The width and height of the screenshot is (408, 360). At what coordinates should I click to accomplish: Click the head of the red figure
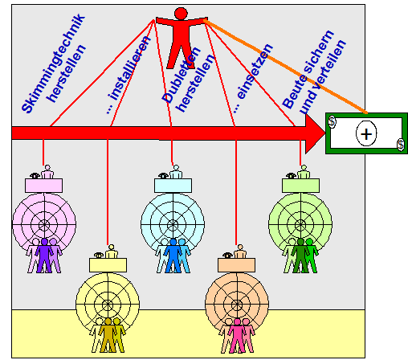click(181, 14)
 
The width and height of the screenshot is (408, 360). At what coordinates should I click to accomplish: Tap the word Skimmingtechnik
click(53, 63)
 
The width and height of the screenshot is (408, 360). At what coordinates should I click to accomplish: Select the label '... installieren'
click(128, 75)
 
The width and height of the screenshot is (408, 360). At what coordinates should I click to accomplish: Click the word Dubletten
click(181, 76)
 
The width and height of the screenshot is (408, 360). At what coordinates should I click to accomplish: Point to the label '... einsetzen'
click(253, 78)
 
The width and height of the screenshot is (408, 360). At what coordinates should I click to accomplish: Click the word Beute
click(294, 92)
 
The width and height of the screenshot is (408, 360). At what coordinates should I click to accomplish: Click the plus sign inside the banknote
click(366, 133)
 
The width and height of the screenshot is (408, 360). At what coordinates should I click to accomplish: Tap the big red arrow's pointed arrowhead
click(316, 133)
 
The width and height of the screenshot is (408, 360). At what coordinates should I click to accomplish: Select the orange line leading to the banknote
click(285, 66)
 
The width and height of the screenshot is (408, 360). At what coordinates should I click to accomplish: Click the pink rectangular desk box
click(44, 186)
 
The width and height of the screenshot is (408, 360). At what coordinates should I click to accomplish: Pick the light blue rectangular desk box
click(173, 186)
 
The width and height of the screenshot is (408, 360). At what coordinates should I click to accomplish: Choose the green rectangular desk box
click(300, 186)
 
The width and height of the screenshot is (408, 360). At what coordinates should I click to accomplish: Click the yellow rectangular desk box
click(108, 265)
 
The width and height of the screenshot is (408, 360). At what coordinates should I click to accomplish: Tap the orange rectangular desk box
click(236, 265)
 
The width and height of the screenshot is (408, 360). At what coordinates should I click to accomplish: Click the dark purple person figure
click(44, 256)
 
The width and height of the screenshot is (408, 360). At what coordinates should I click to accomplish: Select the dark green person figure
click(300, 256)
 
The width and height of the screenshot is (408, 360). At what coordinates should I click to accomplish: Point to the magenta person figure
click(237, 335)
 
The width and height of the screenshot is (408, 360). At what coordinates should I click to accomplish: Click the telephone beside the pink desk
click(35, 176)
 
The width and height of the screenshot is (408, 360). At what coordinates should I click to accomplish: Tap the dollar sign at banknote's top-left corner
click(332, 121)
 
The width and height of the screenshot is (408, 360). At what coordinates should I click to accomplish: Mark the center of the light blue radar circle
click(173, 224)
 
